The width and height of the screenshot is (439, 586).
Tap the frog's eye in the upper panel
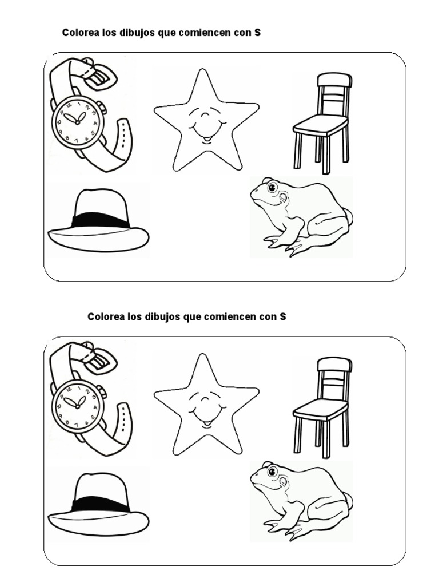(273, 186)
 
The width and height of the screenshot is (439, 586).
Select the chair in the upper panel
(322, 123)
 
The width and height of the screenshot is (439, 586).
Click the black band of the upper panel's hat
(100, 220)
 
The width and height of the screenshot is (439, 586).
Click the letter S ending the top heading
(257, 33)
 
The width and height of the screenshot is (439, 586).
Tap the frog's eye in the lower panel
(273, 470)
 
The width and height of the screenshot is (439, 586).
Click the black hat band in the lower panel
(100, 505)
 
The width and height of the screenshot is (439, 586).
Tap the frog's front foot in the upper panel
(275, 242)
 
